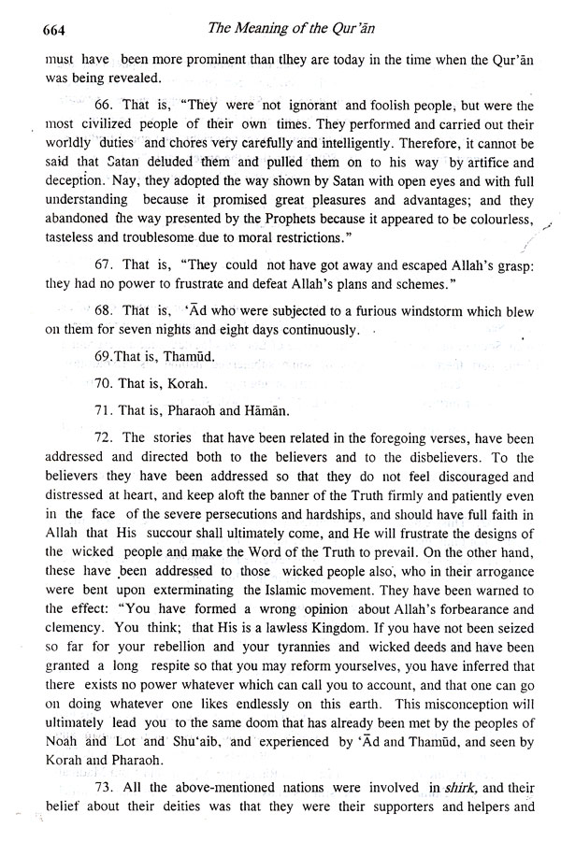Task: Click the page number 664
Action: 32,32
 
